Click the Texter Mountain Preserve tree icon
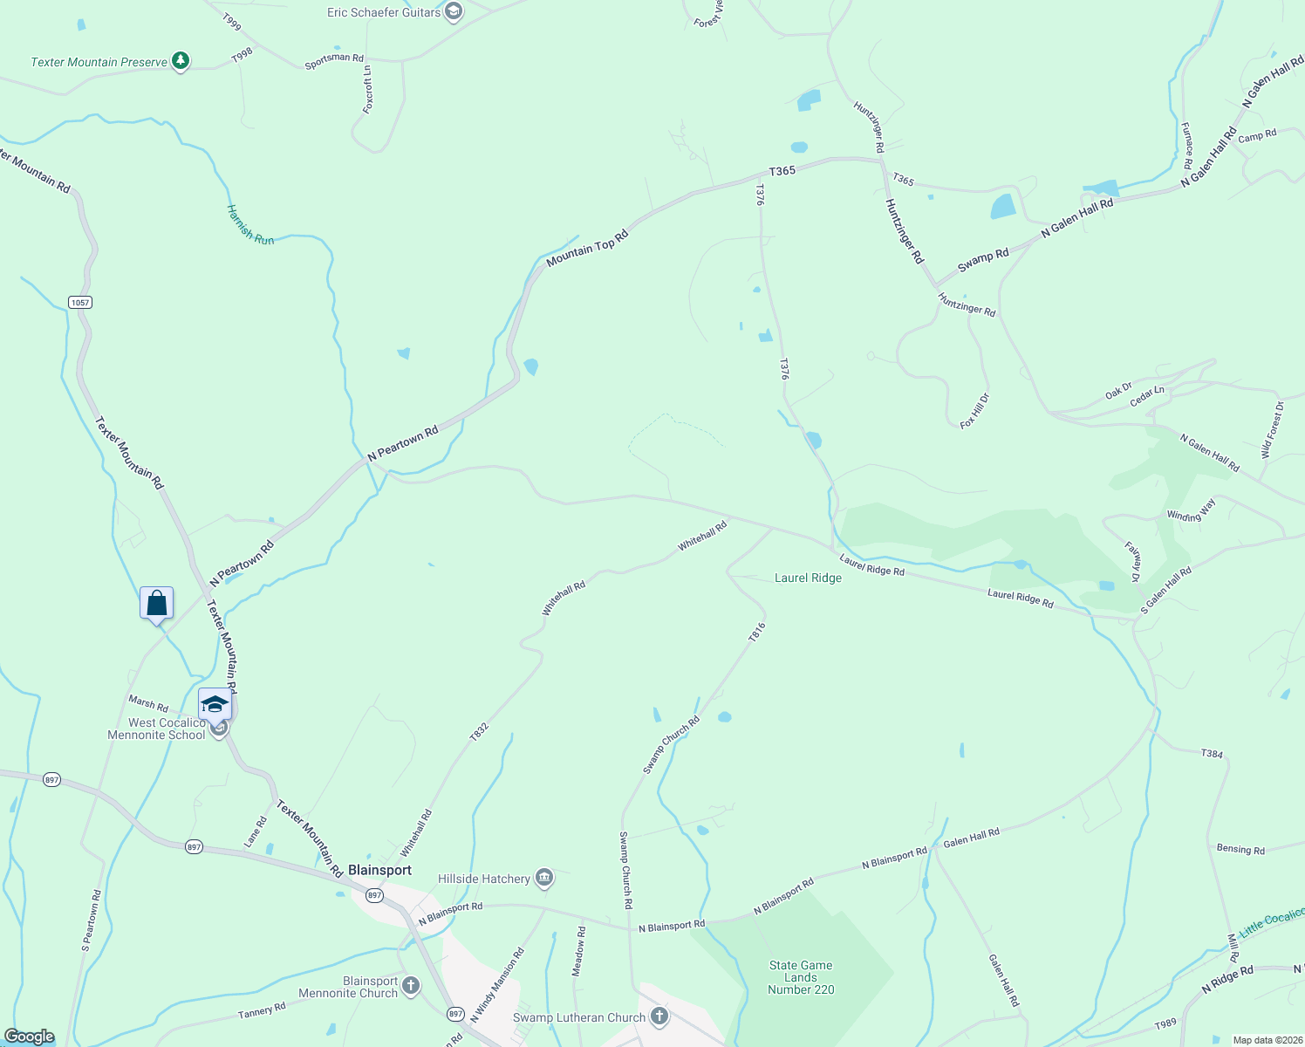coord(181,61)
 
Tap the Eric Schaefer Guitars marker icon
coord(453,11)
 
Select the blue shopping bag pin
coord(157,603)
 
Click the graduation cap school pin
coord(215,704)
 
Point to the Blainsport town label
coord(379,870)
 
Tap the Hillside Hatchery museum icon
coord(544,878)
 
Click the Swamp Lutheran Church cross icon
coord(659,1016)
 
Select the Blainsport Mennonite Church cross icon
coord(410,986)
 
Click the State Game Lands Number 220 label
coord(801,977)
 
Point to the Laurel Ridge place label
coord(808,578)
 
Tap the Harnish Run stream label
coord(250,225)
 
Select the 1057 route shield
coord(80,302)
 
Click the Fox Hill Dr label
coord(974,411)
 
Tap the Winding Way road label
coord(1191,511)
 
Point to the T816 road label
coord(756,632)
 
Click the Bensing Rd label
coord(1240,849)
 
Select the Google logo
coord(30,1037)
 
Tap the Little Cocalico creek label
coord(1273,921)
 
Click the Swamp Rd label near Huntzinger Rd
coord(983,259)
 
